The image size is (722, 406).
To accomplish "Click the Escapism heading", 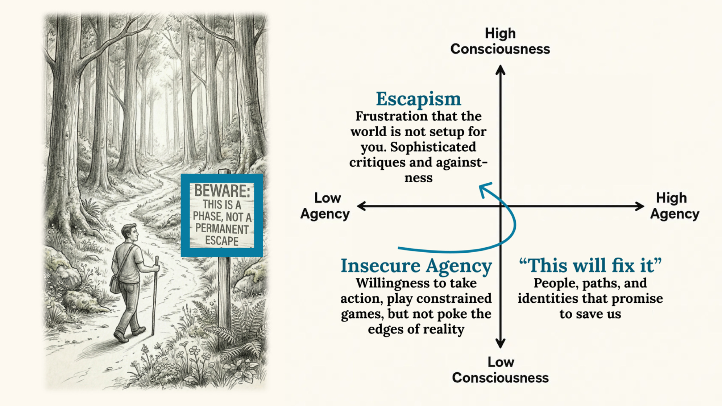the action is pos(418,99).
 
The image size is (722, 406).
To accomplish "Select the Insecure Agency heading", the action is pos(416,266).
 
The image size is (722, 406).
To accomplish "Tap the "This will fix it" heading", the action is pos(590,266).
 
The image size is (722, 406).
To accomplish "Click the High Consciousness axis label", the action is pos(500,41).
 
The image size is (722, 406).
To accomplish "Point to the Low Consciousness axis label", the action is pos(500,370).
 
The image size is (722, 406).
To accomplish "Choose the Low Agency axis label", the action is pos(325,206).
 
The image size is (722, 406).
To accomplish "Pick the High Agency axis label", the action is pos(674,206).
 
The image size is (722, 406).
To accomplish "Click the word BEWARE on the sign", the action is pos(222,191).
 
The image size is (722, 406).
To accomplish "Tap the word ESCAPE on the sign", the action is pos(222,241).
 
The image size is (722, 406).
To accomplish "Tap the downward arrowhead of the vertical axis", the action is pos(501,344).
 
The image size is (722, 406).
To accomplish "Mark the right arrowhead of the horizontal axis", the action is pos(640,206).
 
